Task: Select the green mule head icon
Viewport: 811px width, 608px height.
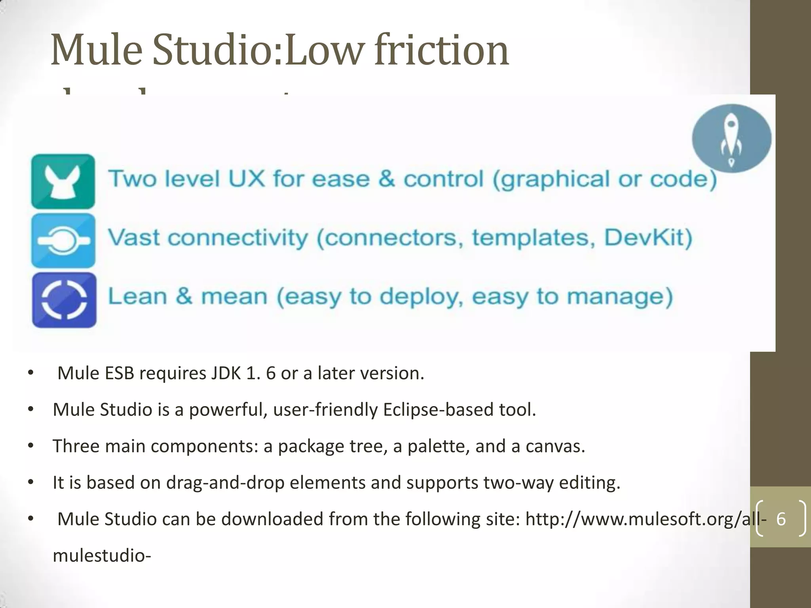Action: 63,182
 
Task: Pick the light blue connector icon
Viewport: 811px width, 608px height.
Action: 63,241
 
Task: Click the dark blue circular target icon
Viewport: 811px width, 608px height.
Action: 64,300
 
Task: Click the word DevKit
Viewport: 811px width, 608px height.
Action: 648,237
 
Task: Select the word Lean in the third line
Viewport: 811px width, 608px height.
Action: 137,296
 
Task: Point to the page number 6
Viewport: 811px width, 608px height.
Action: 781,519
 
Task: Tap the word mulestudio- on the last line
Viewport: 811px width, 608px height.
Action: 102,555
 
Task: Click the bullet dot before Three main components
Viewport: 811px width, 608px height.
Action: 31,446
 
